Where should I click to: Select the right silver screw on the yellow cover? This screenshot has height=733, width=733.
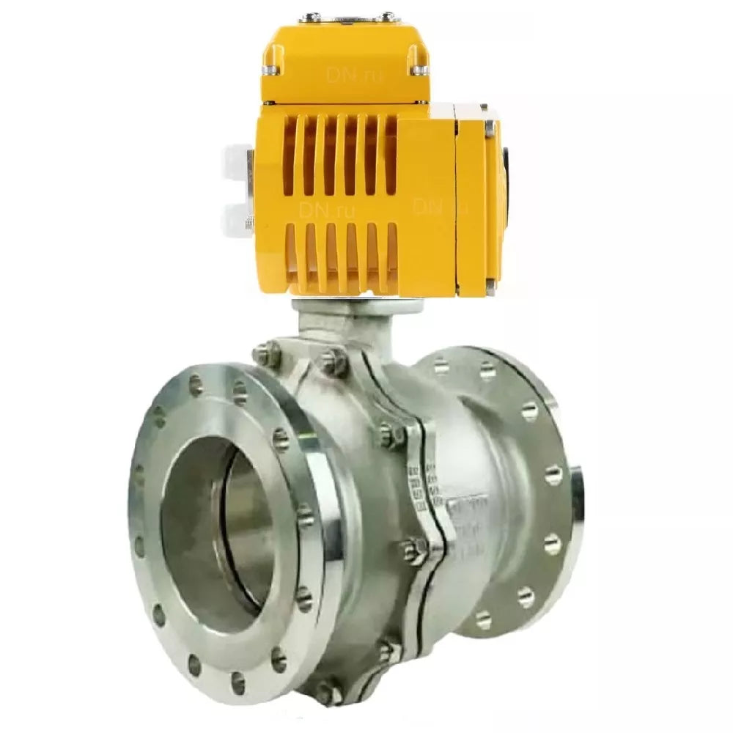point(419,69)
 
